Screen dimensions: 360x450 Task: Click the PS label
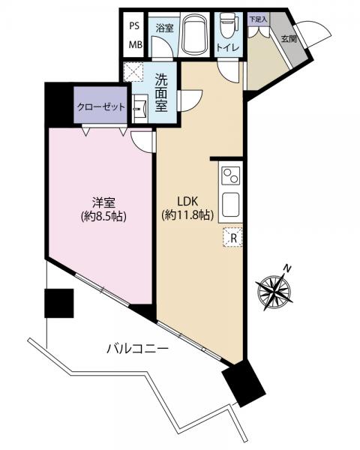(134, 25)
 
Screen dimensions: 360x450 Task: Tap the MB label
(135, 45)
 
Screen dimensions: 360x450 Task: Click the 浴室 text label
(164, 28)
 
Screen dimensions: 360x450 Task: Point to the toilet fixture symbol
(229, 22)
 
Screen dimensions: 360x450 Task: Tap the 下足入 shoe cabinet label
(258, 19)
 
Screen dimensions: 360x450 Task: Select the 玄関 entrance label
(289, 38)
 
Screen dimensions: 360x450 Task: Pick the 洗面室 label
(161, 92)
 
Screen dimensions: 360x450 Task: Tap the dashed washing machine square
(133, 72)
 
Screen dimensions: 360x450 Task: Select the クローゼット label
(101, 107)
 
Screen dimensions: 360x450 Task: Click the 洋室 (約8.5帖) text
(103, 209)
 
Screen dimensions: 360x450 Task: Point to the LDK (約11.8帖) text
(187, 208)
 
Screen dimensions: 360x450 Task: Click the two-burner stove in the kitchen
(231, 175)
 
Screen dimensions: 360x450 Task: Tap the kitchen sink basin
(231, 205)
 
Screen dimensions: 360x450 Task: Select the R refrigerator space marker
(233, 237)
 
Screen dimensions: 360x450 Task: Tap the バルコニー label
(137, 349)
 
